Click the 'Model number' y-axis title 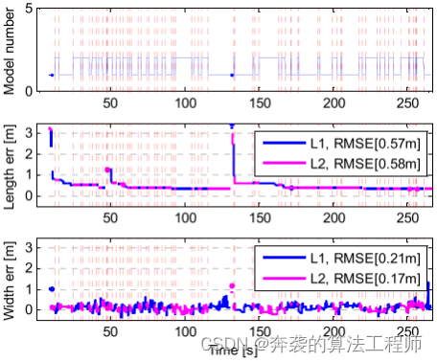[11, 48]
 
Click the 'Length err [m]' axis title [11, 162]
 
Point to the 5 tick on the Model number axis [29, 8]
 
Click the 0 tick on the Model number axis [29, 90]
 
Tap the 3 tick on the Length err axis [29, 129]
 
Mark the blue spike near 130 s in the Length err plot [232, 127]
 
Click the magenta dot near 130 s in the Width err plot [232, 285]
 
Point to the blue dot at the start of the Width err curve [51, 288]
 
